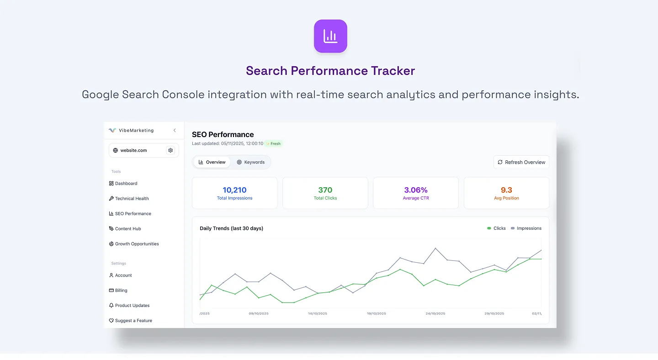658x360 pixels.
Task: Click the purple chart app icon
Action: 330,36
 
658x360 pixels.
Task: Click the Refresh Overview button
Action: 521,162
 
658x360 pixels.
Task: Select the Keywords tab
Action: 251,162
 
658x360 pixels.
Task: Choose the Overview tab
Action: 212,162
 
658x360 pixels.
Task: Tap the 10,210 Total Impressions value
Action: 234,190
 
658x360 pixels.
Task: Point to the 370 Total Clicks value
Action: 325,190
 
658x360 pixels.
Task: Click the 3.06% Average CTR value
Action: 416,190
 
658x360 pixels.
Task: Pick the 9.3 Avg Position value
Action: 506,190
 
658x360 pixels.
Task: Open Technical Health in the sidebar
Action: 132,199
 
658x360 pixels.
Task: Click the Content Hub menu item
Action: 127,229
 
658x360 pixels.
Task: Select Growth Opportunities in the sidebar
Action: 137,244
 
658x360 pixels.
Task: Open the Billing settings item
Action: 121,291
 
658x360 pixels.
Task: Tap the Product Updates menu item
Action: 132,306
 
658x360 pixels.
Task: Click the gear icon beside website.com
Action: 170,150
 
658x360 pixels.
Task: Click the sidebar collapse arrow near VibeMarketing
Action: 175,131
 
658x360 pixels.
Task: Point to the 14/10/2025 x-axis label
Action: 318,314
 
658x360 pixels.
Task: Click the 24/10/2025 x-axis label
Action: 435,314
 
